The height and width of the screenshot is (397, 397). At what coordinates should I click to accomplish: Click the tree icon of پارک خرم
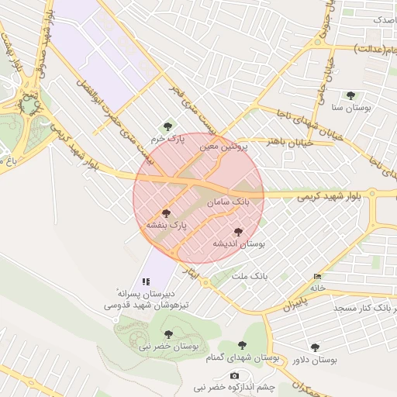pos(167,126)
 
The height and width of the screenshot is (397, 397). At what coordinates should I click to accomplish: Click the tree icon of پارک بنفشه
pos(165,213)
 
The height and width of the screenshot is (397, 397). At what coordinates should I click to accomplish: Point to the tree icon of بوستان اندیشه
pos(237,232)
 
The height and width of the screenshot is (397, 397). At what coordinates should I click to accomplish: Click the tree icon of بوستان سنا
pos(350,96)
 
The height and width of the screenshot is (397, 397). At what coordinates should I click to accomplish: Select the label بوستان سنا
pos(348,108)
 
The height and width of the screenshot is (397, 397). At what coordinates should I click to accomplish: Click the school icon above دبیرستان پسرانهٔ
pos(145,281)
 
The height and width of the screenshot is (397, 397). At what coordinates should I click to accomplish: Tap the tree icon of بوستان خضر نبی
pos(168,334)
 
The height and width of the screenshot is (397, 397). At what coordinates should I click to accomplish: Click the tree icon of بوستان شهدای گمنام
pos(242,345)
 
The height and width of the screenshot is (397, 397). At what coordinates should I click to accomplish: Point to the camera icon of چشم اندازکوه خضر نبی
pos(235,375)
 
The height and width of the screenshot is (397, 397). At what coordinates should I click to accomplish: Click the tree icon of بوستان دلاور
pos(314,348)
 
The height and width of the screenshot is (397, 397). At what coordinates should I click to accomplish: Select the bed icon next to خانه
pos(316,277)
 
